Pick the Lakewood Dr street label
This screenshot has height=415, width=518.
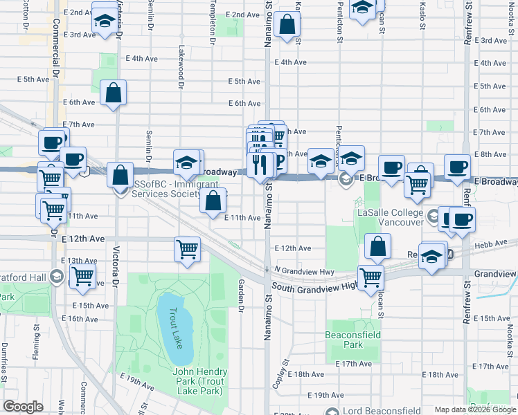pyautogui.click(x=181, y=68)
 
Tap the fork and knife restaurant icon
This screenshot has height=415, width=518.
pyautogui.click(x=260, y=165)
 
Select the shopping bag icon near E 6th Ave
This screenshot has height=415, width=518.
pyautogui.click(x=114, y=93)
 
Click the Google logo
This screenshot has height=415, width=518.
pyautogui.click(x=24, y=407)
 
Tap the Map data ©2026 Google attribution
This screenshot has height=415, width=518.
pyautogui.click(x=475, y=409)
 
